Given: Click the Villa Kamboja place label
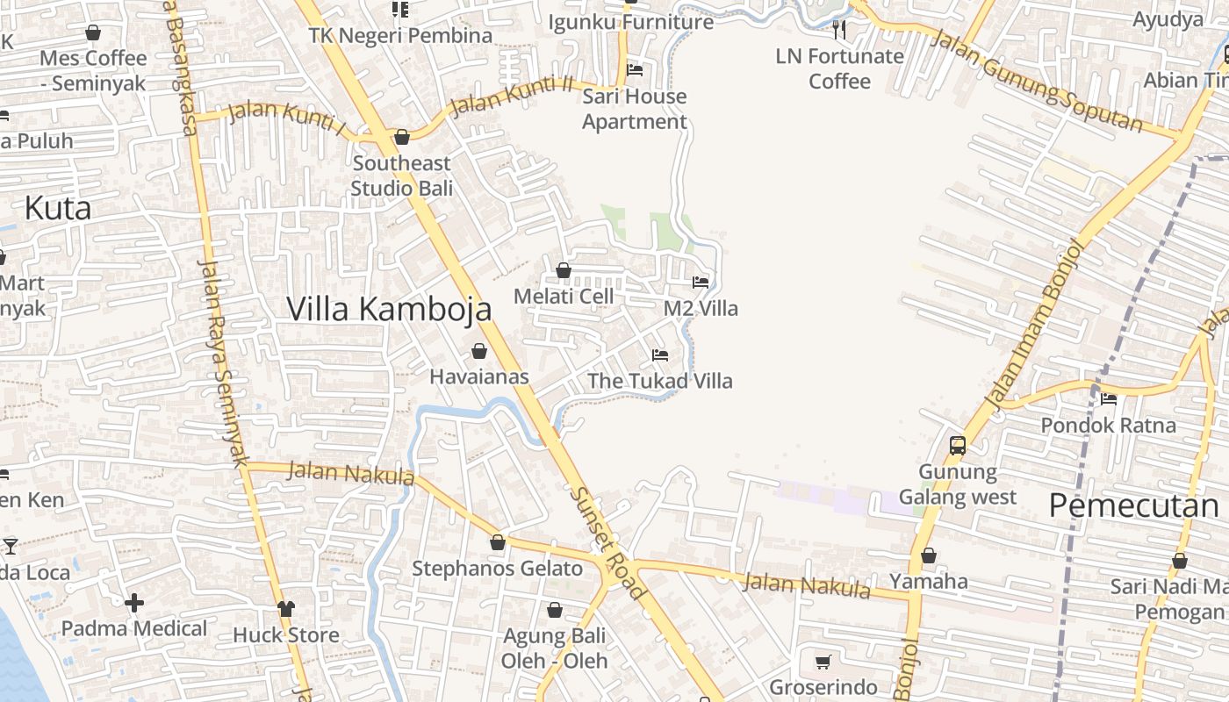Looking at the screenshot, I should pos(389,309).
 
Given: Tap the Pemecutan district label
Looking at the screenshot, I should pos(1133,505).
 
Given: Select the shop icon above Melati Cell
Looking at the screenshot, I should pos(564,270).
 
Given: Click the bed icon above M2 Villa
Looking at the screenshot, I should pos(701,283).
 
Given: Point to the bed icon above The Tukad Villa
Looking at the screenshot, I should pos(660,355).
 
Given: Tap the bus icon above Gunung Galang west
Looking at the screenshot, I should pos(957,445).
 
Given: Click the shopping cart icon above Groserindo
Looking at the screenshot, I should pos(823,662).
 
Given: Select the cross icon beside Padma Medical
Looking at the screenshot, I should pos(134,603).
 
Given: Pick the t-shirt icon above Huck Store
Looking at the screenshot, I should pos(285,608).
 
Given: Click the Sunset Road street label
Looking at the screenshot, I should pos(608,543).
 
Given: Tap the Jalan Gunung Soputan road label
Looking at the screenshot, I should pos(1036,80).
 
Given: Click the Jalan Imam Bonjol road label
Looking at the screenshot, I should pos(1036,325).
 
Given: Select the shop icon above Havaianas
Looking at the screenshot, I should pos(479,351).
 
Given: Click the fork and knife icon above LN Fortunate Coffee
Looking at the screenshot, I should pos(839,31).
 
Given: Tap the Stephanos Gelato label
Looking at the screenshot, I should pos(497,569).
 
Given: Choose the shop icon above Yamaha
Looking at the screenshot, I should pos(928,555).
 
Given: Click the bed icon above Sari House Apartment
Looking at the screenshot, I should pos(635,70).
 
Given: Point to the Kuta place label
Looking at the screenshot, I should pos(58,209).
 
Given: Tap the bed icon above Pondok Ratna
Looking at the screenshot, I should pos(1108,399).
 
